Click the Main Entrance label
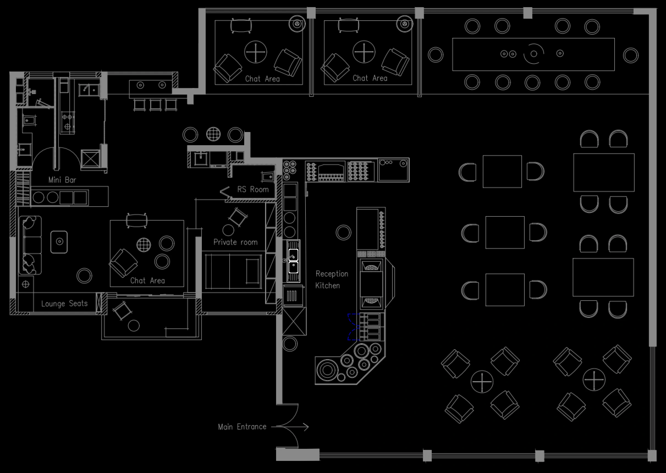click(x=242, y=427)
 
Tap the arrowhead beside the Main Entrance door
click(x=306, y=427)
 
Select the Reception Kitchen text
click(x=331, y=280)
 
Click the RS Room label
click(x=253, y=189)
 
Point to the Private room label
click(x=235, y=242)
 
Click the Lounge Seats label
click(x=64, y=304)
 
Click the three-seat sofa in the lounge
click(x=30, y=245)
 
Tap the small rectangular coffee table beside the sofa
click(x=59, y=242)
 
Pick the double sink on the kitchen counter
click(x=293, y=261)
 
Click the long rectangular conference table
click(x=533, y=54)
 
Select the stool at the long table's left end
click(x=435, y=54)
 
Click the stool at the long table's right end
click(x=631, y=55)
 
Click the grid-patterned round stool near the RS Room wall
click(x=213, y=134)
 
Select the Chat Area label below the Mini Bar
click(x=147, y=280)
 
